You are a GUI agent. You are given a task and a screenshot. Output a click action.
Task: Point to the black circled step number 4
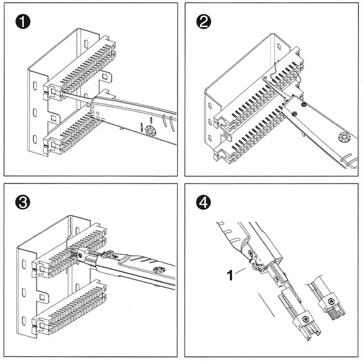point(203,202)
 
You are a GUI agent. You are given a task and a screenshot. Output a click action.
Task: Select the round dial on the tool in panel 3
point(158,270)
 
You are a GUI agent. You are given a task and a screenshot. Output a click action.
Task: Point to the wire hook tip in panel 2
point(265,78)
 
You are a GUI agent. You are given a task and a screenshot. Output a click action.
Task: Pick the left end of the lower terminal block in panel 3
point(41,324)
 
